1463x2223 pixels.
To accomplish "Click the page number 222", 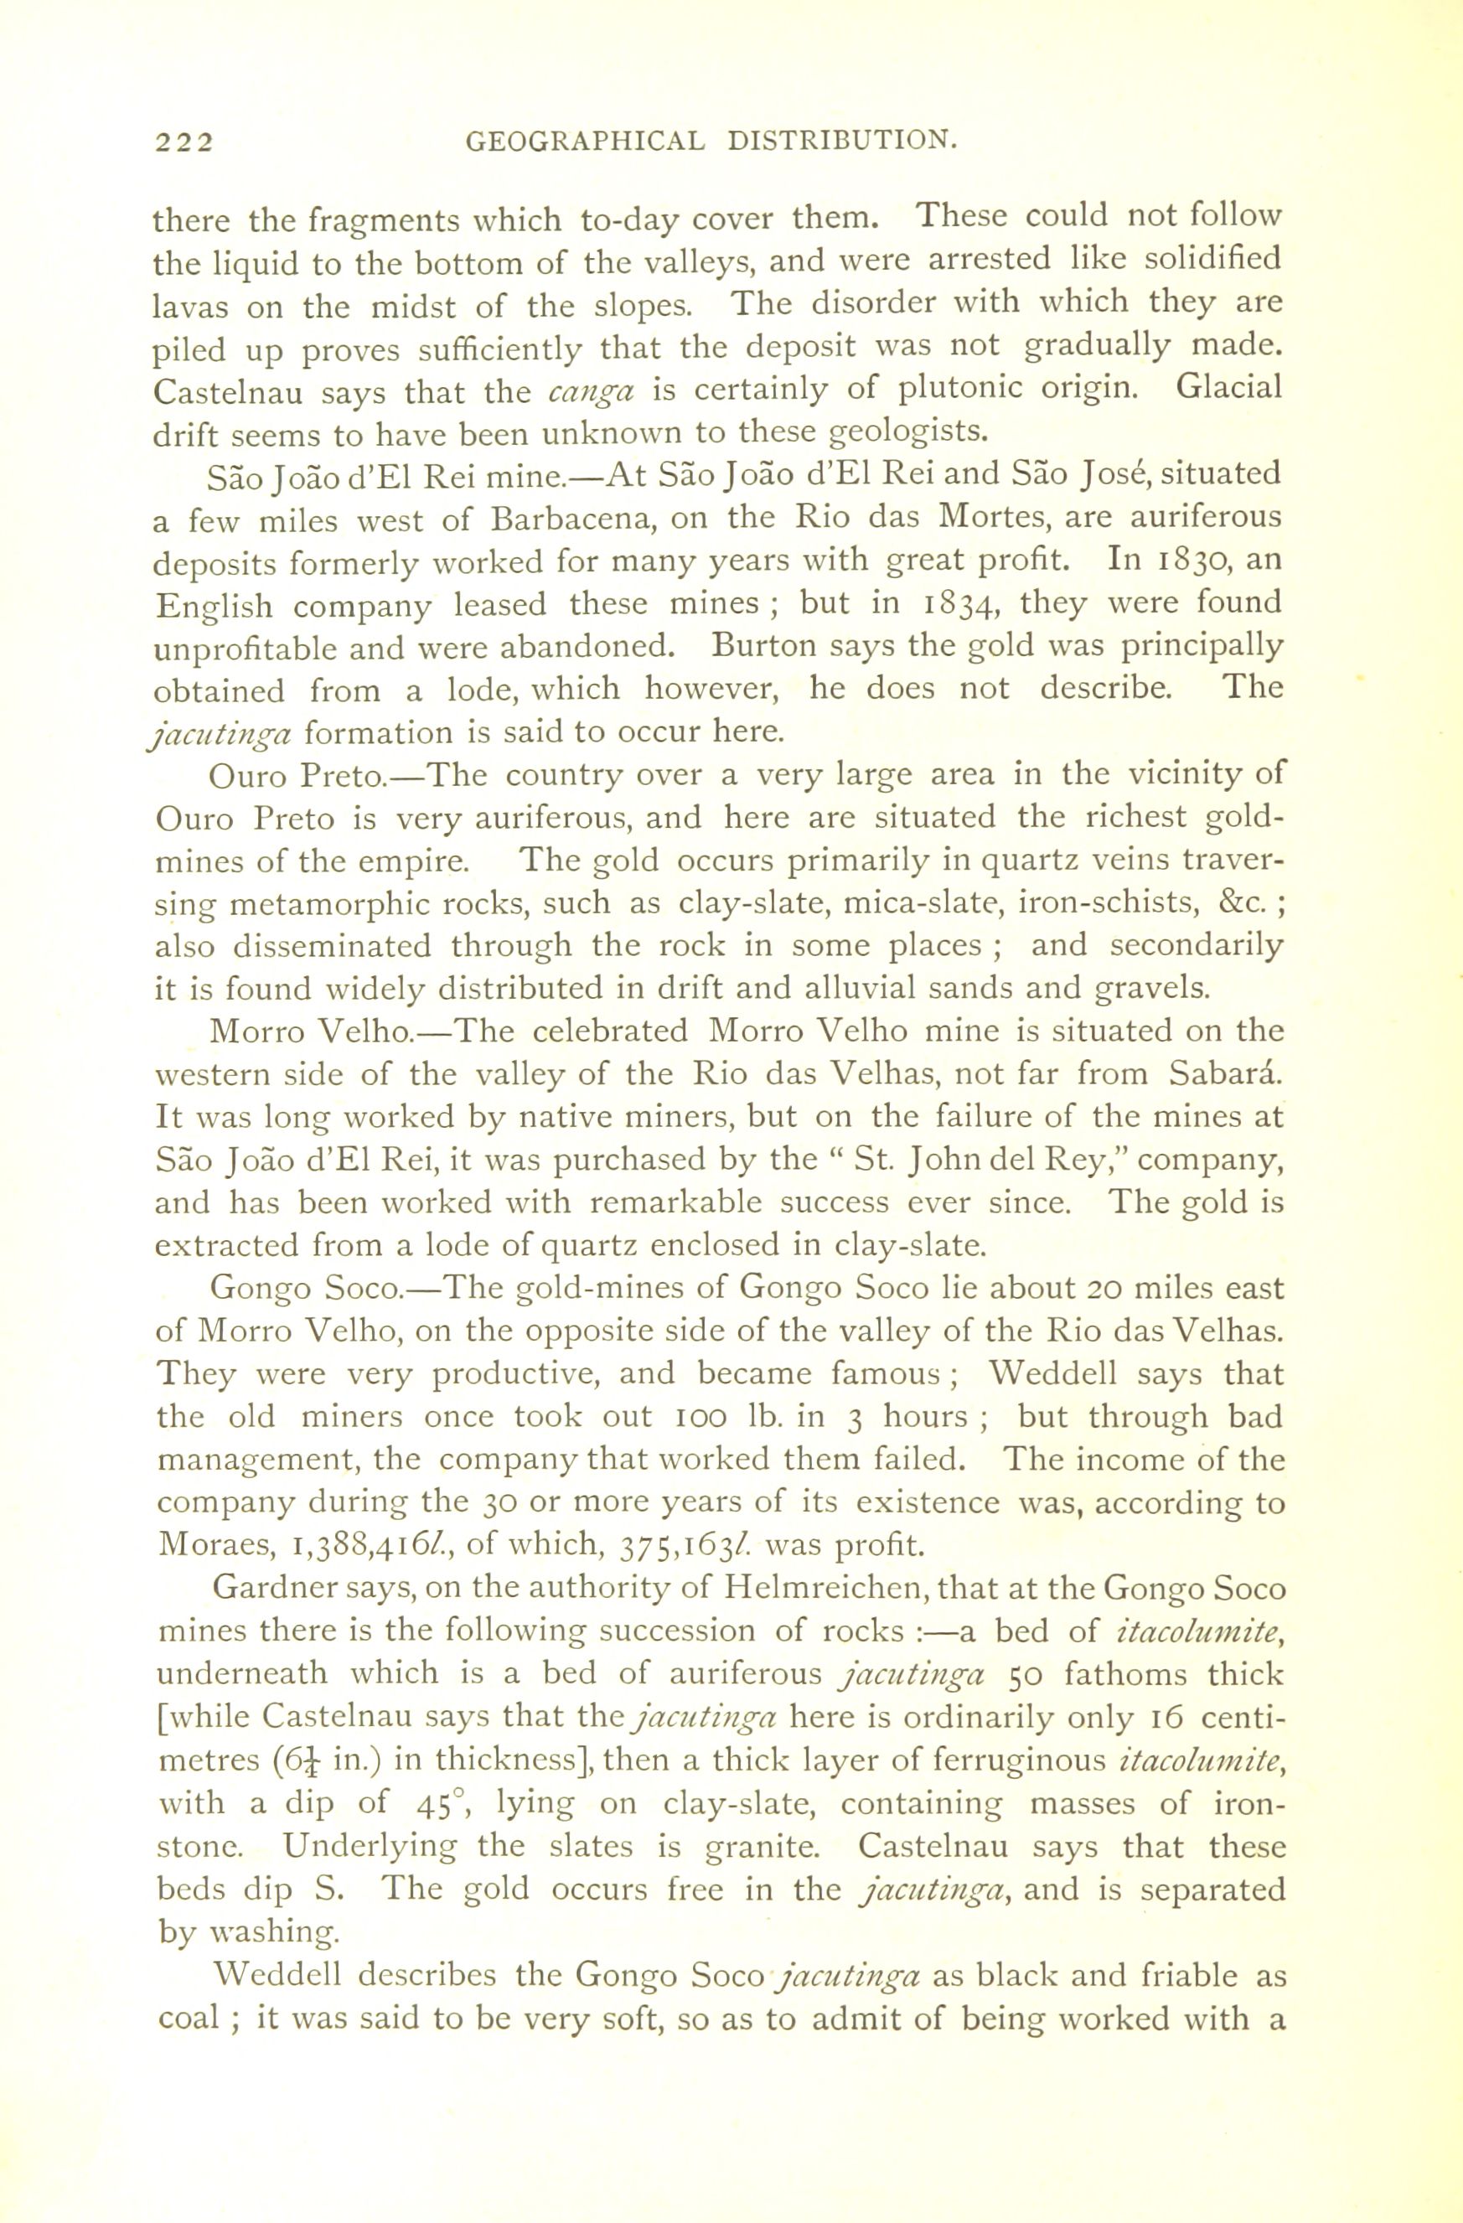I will (x=184, y=142).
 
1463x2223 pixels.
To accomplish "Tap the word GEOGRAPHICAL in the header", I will (x=584, y=142).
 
